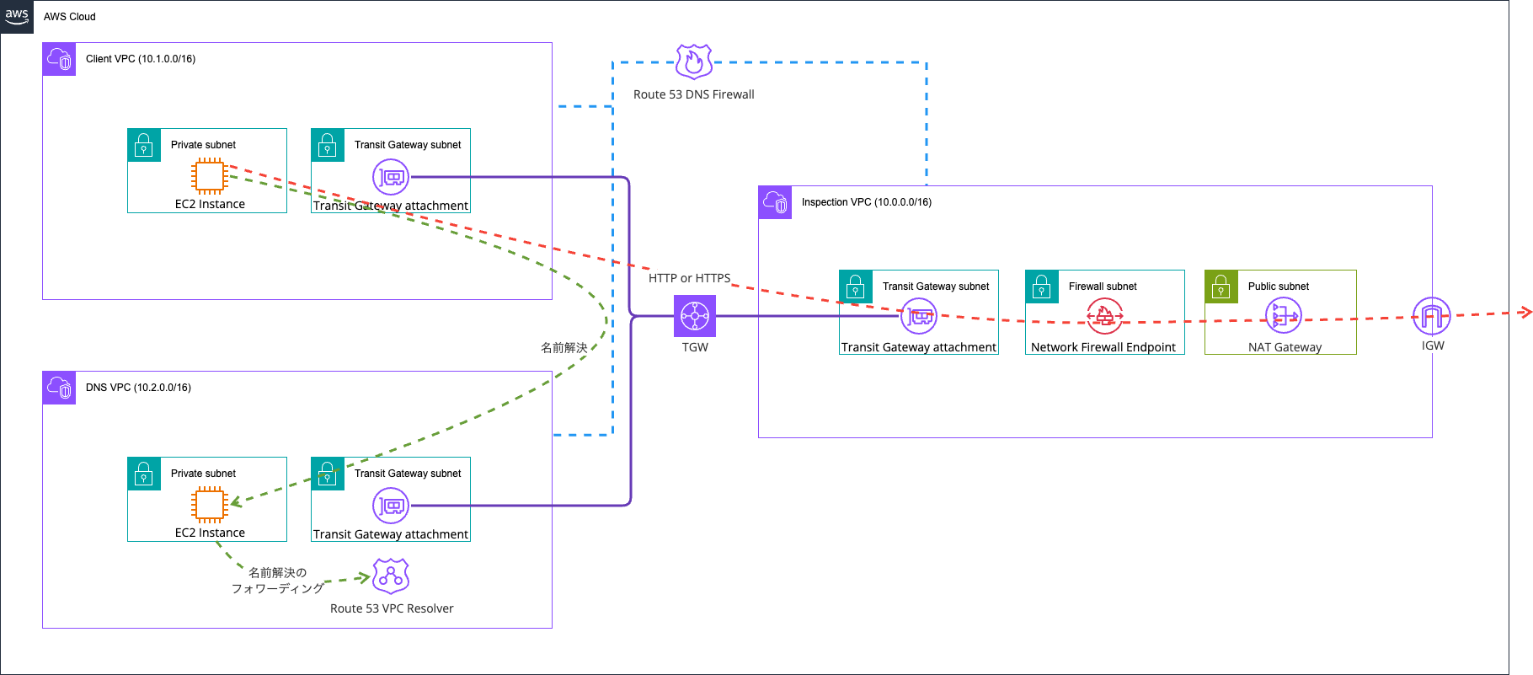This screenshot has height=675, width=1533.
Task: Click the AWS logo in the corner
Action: click(x=17, y=17)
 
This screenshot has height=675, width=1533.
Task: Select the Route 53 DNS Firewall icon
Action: click(x=694, y=62)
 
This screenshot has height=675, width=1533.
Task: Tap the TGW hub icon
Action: click(x=695, y=316)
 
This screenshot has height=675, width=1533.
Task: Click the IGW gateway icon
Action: click(x=1432, y=317)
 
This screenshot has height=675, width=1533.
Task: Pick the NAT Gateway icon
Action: click(x=1284, y=316)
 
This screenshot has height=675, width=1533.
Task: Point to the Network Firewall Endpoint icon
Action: click(x=1104, y=316)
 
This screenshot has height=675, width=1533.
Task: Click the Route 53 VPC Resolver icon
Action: click(x=391, y=576)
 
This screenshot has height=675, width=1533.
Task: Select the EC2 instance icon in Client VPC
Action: click(x=209, y=176)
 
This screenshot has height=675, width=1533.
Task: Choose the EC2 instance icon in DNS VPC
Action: click(x=209, y=505)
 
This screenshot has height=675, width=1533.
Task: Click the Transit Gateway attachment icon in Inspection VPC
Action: click(x=919, y=316)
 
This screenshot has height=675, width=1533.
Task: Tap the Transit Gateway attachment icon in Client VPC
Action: click(x=391, y=177)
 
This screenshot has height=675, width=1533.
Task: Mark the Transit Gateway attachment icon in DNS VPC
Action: click(x=391, y=506)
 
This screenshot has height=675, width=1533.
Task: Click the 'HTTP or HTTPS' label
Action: click(x=690, y=278)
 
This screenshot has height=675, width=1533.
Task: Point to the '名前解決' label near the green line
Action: click(x=564, y=347)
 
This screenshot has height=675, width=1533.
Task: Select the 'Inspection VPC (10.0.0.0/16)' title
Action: click(x=867, y=202)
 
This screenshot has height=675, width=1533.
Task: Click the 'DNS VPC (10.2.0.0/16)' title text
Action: click(x=138, y=388)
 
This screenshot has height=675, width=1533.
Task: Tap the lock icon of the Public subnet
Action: click(x=1221, y=287)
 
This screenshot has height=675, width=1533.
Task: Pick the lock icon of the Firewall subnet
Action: click(x=1042, y=287)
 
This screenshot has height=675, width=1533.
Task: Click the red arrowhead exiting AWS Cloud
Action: click(x=1525, y=313)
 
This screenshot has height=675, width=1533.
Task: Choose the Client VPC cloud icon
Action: click(x=59, y=59)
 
